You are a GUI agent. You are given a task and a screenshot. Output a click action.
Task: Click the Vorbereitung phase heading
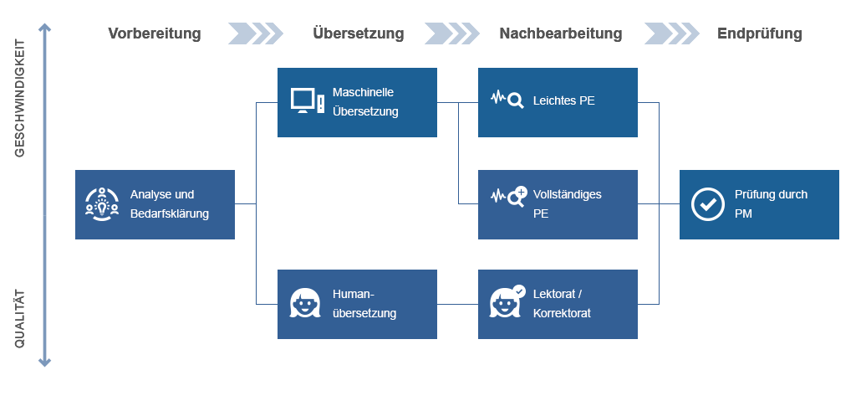pos(155,33)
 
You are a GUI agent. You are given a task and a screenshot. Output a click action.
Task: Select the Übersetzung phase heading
pos(358,33)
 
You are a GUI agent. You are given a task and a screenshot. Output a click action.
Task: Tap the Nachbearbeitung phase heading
pos(560,33)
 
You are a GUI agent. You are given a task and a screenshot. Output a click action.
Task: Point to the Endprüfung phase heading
pos(759,33)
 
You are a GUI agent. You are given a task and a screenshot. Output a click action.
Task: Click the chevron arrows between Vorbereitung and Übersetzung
pos(256,33)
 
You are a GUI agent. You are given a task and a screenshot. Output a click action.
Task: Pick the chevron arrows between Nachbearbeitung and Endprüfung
pos(671,33)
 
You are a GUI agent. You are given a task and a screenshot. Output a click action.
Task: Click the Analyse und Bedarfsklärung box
pos(155,204)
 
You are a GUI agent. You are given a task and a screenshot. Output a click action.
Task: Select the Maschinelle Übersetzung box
pos(357,102)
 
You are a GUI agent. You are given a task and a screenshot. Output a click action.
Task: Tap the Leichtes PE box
pos(558,102)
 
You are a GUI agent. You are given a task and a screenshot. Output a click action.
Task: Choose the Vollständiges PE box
pos(558,204)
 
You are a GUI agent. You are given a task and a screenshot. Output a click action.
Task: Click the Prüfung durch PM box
pos(759,204)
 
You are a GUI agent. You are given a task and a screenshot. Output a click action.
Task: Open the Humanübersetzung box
pos(357,304)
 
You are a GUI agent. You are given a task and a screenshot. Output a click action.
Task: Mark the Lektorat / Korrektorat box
pos(558,304)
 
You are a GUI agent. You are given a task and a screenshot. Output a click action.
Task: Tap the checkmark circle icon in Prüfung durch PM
pos(708,204)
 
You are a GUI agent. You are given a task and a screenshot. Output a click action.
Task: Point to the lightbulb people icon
pos(102,204)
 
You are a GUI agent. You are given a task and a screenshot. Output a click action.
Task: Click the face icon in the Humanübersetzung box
pos(305,304)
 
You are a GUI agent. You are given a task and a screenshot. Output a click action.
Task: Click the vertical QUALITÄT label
pos(19,319)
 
